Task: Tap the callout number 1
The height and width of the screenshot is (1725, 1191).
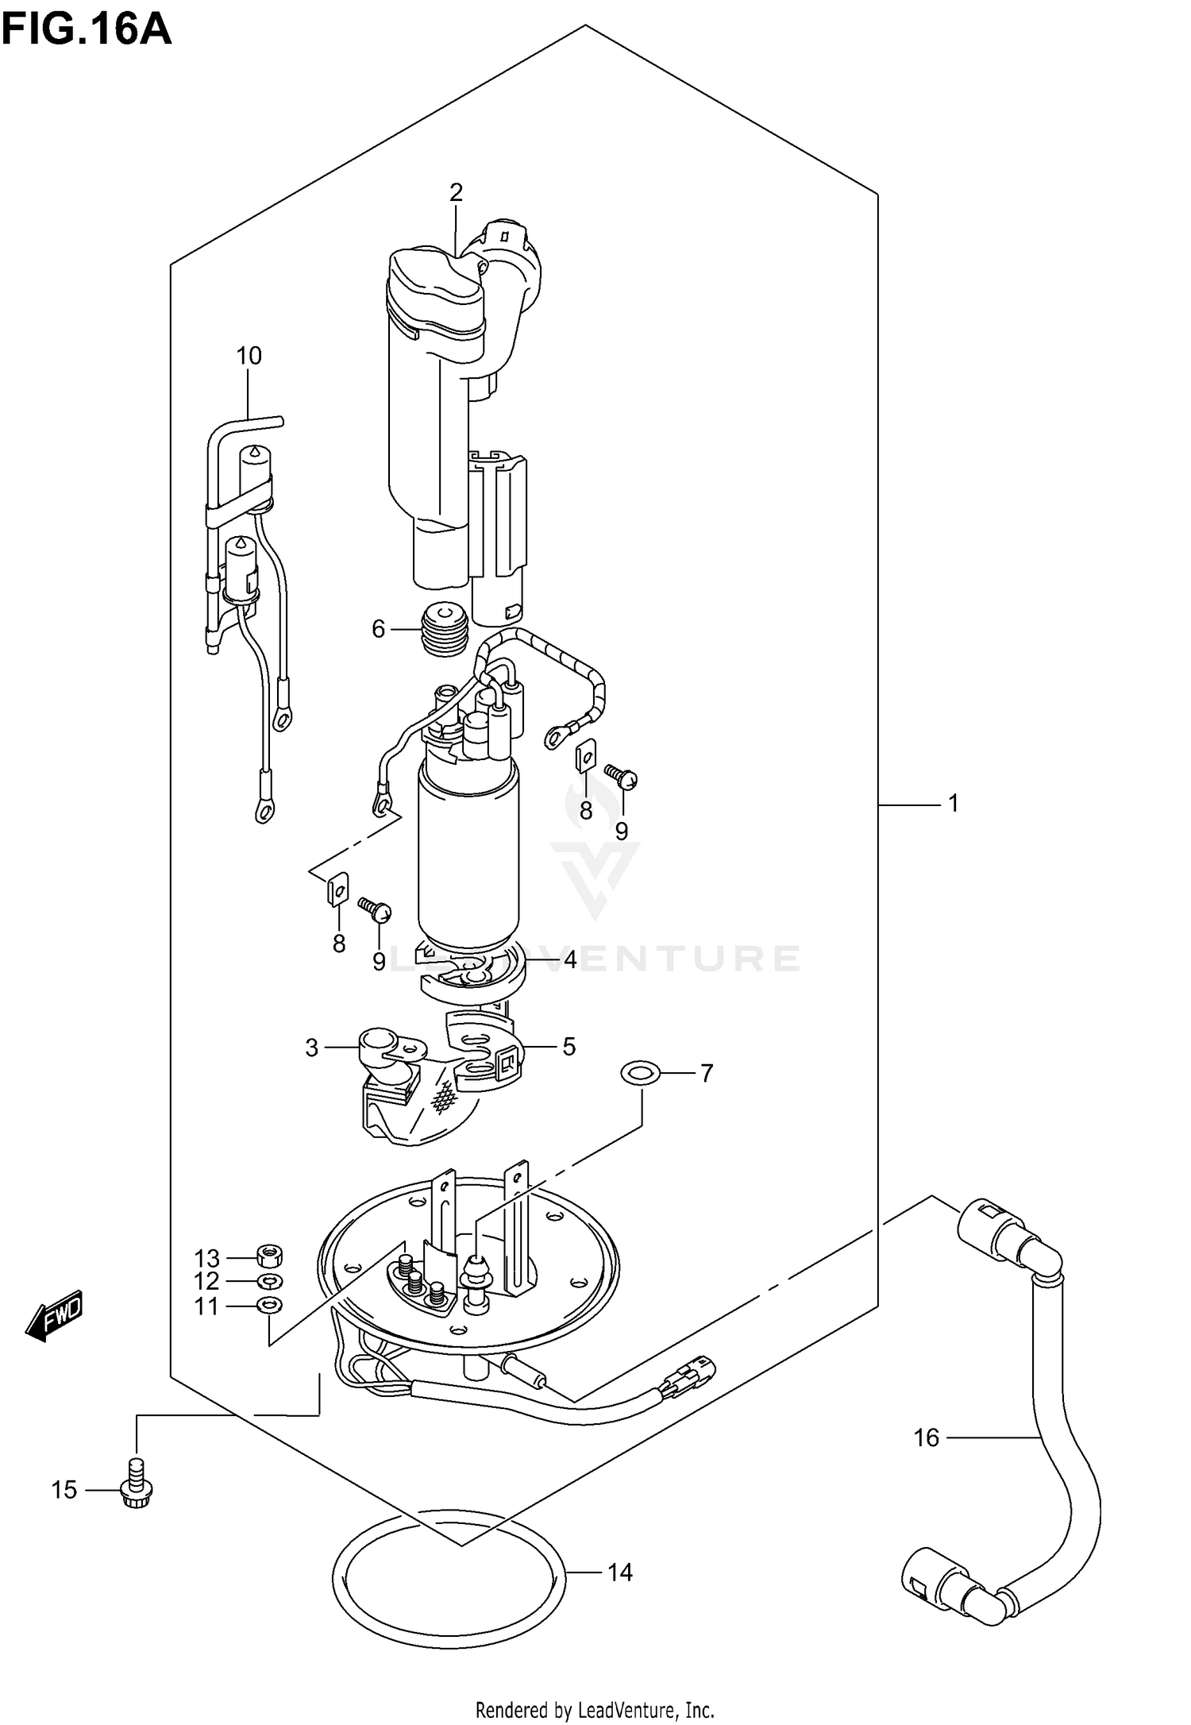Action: tap(954, 804)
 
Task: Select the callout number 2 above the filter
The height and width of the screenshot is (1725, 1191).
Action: tap(456, 192)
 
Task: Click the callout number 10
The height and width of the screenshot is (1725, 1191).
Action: tap(249, 356)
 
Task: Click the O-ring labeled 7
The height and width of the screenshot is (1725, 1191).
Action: tap(640, 1075)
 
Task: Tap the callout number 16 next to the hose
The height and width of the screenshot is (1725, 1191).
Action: tap(926, 1437)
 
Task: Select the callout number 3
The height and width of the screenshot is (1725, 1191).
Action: tap(311, 1048)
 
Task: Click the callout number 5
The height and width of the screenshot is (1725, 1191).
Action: tap(569, 1047)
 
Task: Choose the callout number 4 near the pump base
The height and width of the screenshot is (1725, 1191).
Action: tap(570, 961)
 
